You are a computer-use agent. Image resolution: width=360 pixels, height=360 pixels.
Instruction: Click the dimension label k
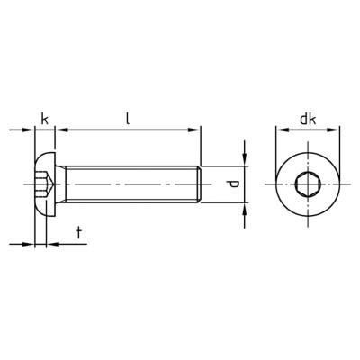pyautogui.click(x=44, y=120)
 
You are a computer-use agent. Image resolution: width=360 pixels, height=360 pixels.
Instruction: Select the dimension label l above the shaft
pyautogui.click(x=128, y=118)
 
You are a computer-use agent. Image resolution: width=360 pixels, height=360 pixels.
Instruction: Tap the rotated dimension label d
pyautogui.click(x=234, y=184)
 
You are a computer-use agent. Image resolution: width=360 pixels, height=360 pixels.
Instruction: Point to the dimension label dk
pyautogui.click(x=308, y=120)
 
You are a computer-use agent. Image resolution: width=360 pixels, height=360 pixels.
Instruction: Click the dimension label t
pyautogui.click(x=79, y=233)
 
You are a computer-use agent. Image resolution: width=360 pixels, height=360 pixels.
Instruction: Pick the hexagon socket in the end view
pyautogui.click(x=308, y=184)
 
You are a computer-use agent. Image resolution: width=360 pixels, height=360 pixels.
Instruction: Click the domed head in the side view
pyautogui.click(x=45, y=184)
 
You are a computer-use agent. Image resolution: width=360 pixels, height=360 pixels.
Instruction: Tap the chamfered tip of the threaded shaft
pyautogui.click(x=199, y=184)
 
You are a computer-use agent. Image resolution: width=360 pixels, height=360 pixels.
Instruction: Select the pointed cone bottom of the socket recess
pyautogui.click(x=50, y=184)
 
